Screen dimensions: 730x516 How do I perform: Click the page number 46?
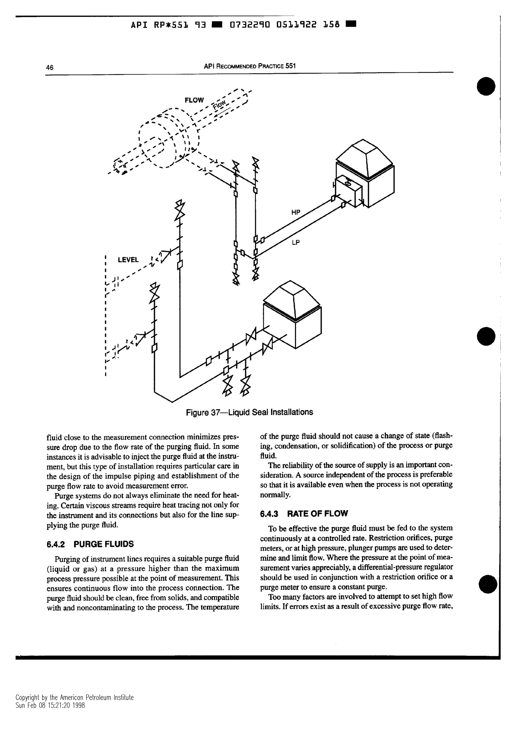tap(50, 68)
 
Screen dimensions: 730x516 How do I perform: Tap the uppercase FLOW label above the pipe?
tap(194, 100)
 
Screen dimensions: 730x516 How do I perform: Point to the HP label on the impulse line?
tap(296, 212)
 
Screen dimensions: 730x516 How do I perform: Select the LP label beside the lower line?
tap(296, 243)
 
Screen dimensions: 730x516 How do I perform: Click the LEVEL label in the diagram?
tap(128, 260)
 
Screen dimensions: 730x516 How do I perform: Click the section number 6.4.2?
tap(56, 544)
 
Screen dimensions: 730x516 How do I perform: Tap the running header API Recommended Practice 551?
tap(250, 66)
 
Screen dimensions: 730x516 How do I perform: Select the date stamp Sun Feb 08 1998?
tap(50, 706)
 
